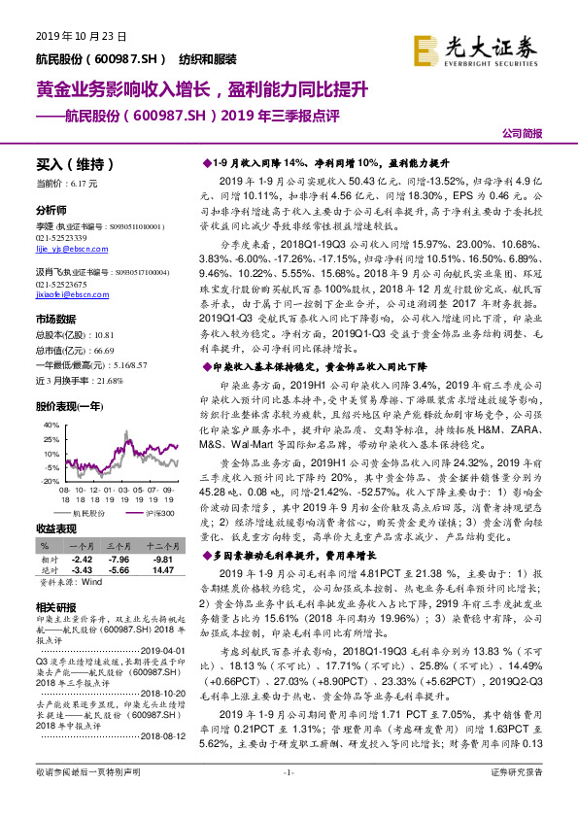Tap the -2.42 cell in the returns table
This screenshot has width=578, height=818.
(x=82, y=560)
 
